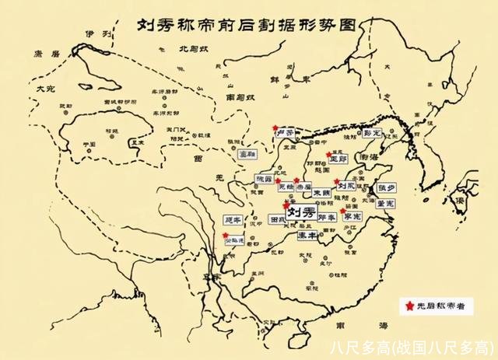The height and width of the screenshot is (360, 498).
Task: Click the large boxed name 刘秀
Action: (300, 212)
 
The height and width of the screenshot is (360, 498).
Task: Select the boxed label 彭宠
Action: (374, 133)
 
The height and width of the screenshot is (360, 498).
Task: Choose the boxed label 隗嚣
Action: (264, 180)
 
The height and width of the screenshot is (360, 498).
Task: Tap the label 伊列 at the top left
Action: (93, 35)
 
